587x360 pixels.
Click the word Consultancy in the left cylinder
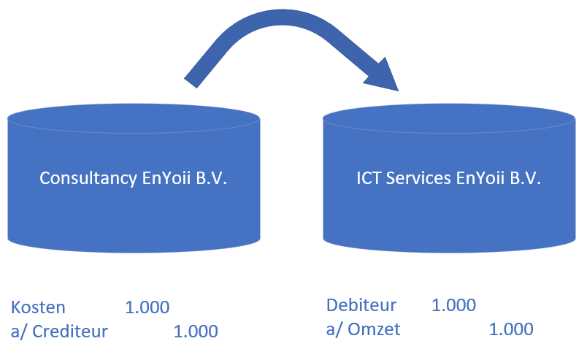[x=88, y=178]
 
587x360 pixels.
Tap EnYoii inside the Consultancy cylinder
[x=166, y=178]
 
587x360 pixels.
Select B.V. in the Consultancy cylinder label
[x=212, y=178]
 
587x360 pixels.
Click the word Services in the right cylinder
[x=418, y=178]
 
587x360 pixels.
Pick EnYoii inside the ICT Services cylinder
[x=480, y=178]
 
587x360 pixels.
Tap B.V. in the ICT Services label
[x=526, y=178]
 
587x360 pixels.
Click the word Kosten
[x=38, y=307]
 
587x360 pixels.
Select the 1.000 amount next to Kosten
[x=147, y=307]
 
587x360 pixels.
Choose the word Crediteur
[x=70, y=332]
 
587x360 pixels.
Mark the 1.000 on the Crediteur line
[x=196, y=332]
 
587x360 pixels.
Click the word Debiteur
[x=361, y=305]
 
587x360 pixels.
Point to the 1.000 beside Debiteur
[x=453, y=305]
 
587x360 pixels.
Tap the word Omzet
[x=374, y=329]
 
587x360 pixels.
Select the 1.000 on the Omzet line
[x=511, y=329]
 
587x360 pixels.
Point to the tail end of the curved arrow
[x=190, y=83]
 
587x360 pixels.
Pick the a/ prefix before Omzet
[x=334, y=329]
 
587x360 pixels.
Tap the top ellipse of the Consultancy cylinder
[x=134, y=118]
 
